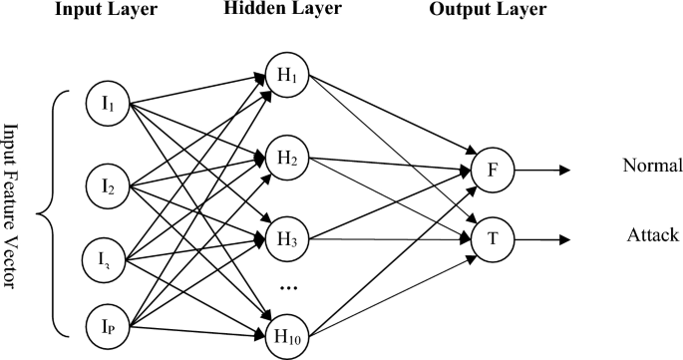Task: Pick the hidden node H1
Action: tap(287, 76)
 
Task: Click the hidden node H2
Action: tap(287, 158)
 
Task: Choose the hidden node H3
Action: tap(287, 239)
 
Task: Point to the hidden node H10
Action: tap(287, 333)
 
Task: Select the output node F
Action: tap(494, 170)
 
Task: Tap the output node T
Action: tap(494, 239)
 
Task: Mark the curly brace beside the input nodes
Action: tap(50, 211)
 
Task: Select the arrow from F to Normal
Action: tap(543, 170)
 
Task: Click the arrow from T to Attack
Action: tap(543, 239)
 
